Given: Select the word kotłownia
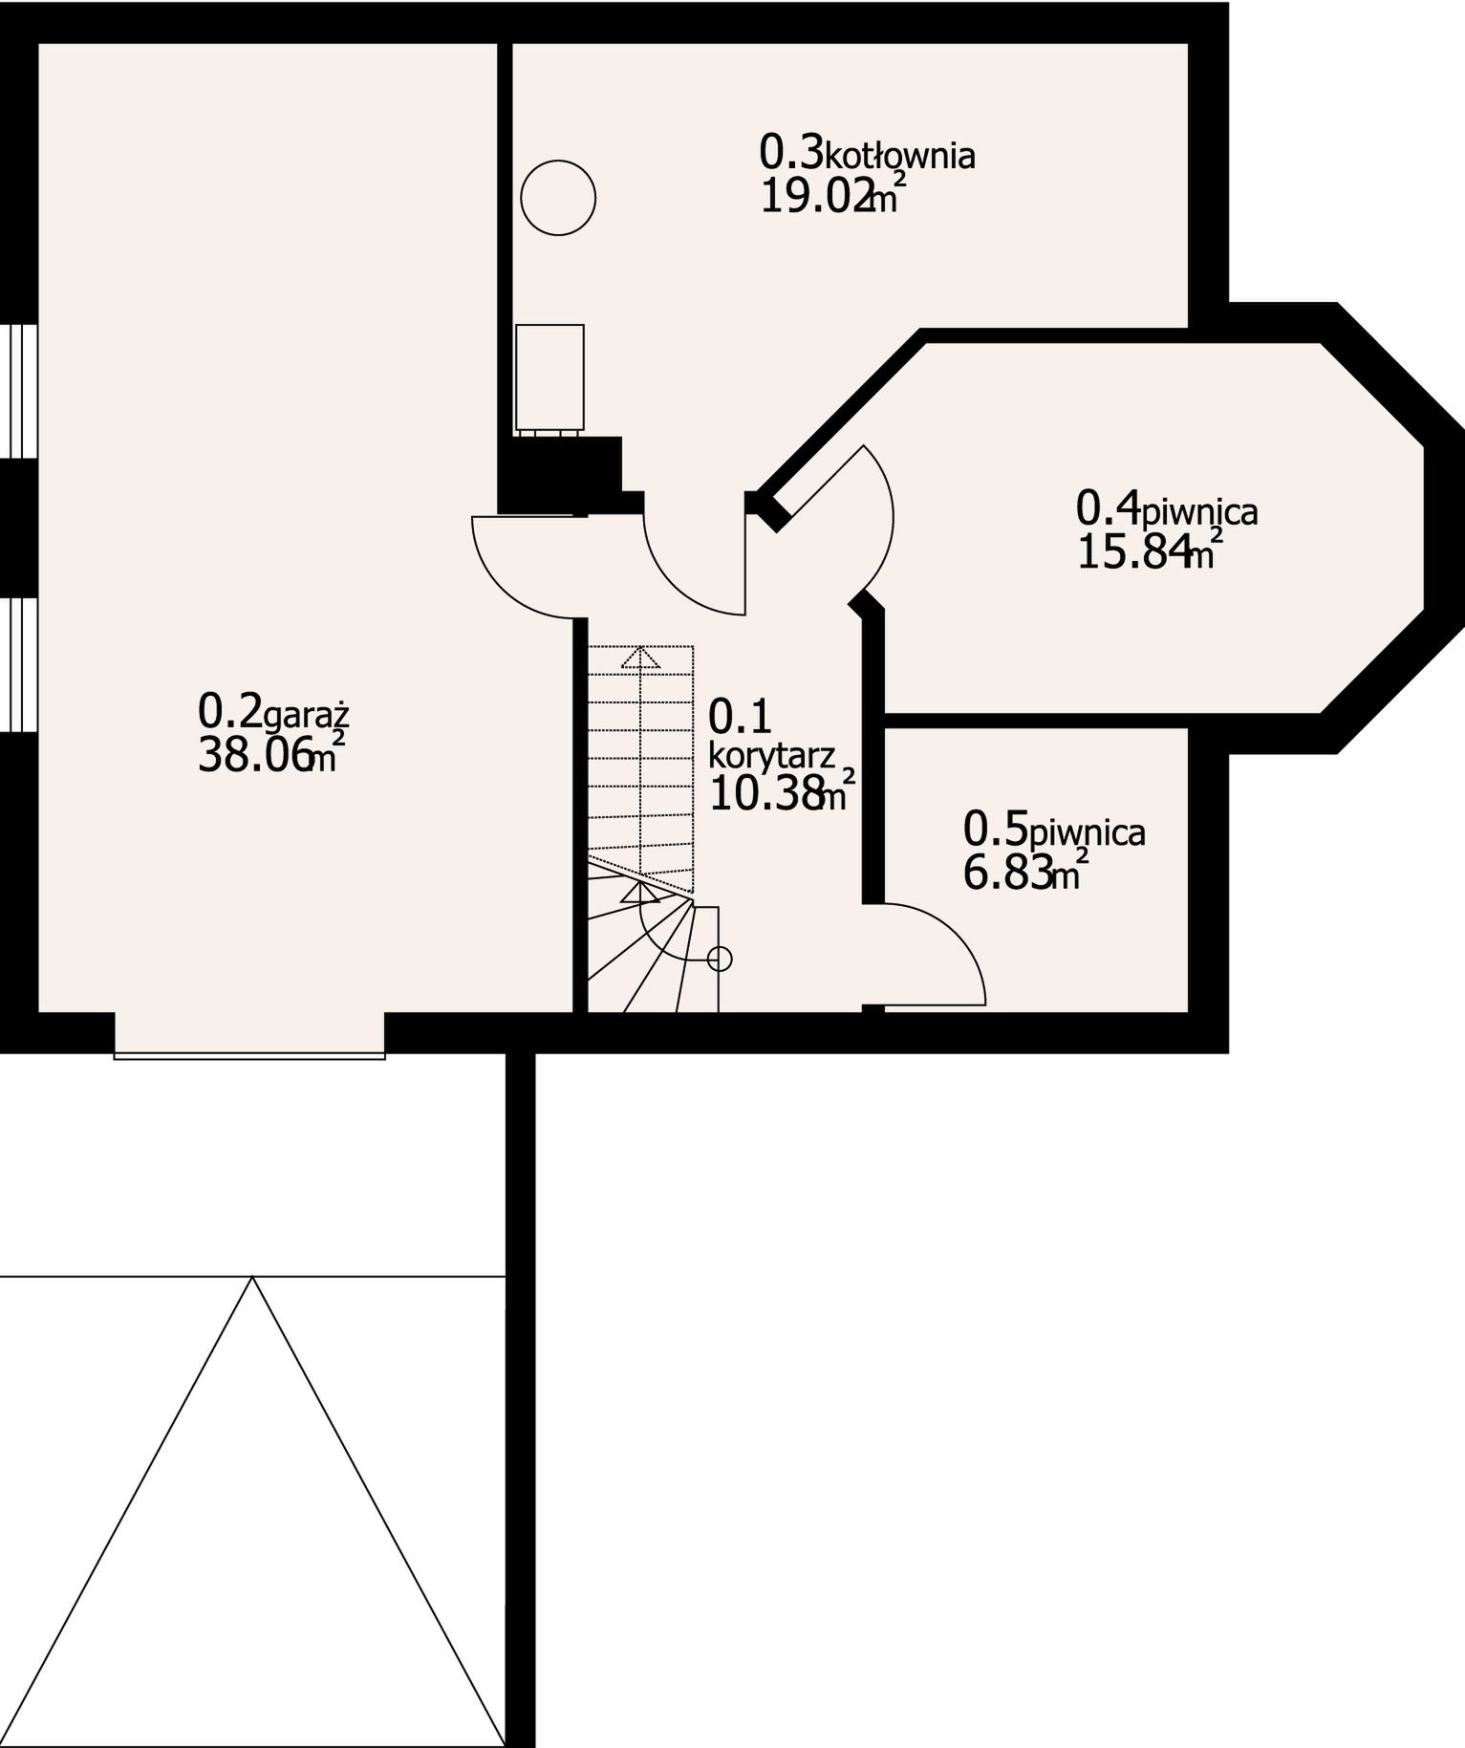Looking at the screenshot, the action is pos(899,155).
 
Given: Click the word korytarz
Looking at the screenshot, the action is pos(772,755).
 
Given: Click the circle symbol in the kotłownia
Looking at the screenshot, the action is pos(558,198).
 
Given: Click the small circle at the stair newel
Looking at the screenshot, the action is pos(721,958).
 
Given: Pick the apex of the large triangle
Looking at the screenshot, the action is pos(252,1277).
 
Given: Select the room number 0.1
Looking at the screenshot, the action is pos(741,717).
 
